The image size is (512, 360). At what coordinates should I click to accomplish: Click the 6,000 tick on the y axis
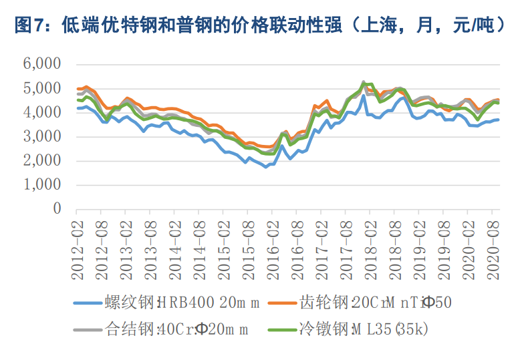[41, 64]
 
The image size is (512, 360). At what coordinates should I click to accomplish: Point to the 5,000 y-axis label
[41, 88]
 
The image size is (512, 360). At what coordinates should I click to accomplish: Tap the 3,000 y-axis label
[41, 137]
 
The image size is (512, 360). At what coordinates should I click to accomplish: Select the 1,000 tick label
[41, 185]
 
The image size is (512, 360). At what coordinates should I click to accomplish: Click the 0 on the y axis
[57, 209]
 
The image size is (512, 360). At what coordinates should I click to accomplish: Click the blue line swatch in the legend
[88, 303]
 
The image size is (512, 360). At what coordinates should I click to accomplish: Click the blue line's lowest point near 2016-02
[266, 166]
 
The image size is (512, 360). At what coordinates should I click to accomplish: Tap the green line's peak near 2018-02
[364, 83]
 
